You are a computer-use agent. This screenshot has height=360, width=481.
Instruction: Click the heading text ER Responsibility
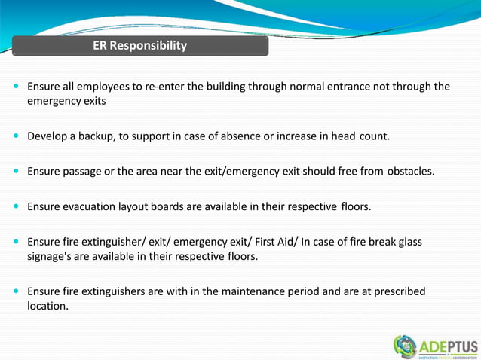click(x=139, y=46)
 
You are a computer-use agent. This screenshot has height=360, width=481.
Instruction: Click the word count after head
click(x=374, y=136)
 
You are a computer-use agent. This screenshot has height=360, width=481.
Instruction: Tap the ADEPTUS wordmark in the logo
click(x=448, y=346)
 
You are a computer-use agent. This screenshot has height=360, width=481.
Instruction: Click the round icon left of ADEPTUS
click(x=405, y=346)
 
